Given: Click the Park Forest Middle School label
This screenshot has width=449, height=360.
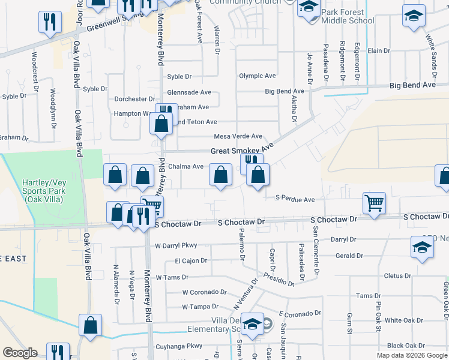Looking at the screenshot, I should coord(348,16).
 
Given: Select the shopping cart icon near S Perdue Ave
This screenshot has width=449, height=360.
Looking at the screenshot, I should coord(374,202).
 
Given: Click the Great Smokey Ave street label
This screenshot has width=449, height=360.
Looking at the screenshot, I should coord(242,151).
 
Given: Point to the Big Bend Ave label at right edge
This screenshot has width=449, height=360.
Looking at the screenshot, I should coord(412,85).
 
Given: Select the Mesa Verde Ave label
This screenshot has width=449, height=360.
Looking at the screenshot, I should coord(238,136).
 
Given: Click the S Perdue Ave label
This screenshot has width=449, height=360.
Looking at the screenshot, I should coord(295,199).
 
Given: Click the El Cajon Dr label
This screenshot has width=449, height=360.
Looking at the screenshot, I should coord(191,261).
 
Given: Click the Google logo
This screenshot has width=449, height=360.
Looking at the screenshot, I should coord(20,353).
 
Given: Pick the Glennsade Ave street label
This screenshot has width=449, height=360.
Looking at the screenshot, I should coord(189,92).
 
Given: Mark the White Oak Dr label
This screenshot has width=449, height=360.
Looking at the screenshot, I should coord(405,320).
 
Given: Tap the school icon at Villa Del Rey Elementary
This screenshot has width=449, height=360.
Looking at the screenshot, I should coord(253,324).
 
